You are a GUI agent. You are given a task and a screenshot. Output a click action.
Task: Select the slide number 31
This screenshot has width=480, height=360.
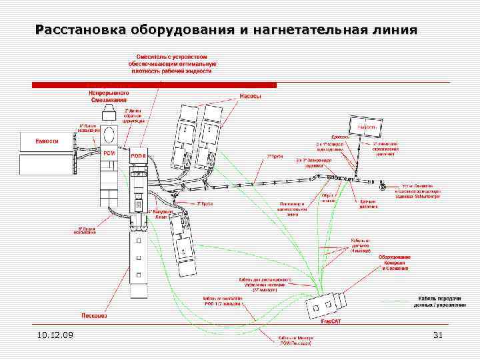(x=438, y=335)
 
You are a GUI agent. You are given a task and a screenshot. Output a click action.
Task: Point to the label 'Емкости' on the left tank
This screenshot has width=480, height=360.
(x=47, y=141)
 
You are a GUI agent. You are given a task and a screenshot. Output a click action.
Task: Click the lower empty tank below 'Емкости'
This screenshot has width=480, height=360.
(x=47, y=164)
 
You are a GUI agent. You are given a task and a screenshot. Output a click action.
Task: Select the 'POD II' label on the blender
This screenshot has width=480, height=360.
(x=138, y=156)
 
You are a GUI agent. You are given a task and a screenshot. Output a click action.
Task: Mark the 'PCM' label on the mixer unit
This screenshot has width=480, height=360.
(x=109, y=152)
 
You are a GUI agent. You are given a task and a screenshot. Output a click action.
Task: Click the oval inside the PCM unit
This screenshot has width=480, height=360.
(x=109, y=135)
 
